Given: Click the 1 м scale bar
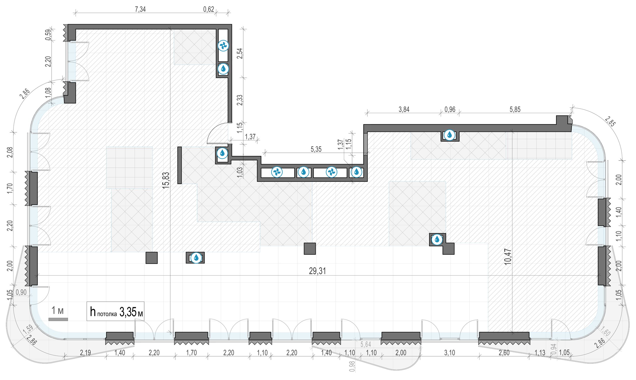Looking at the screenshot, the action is click(58, 319).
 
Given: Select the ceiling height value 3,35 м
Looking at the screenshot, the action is click(131, 312).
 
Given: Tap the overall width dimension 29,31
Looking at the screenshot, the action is click(317, 271).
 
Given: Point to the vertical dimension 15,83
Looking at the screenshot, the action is click(166, 180).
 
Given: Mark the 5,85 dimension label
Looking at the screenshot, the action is click(515, 109).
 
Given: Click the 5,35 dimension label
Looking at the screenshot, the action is click(316, 149).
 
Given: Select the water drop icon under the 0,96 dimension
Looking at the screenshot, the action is click(450, 135).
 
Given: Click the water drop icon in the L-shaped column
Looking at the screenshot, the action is click(437, 240).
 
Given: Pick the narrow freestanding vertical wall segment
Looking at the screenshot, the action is click(179, 165).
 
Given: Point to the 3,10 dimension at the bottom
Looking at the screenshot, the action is click(450, 353).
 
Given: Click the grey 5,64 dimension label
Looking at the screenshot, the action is click(366, 344).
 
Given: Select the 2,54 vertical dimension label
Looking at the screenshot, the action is click(240, 53).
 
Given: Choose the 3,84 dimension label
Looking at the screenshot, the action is click(404, 109).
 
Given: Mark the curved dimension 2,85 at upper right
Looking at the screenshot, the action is click(610, 121).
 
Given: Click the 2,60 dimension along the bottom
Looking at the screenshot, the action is click(504, 353).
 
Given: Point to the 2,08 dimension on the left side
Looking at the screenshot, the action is click(10, 152).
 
